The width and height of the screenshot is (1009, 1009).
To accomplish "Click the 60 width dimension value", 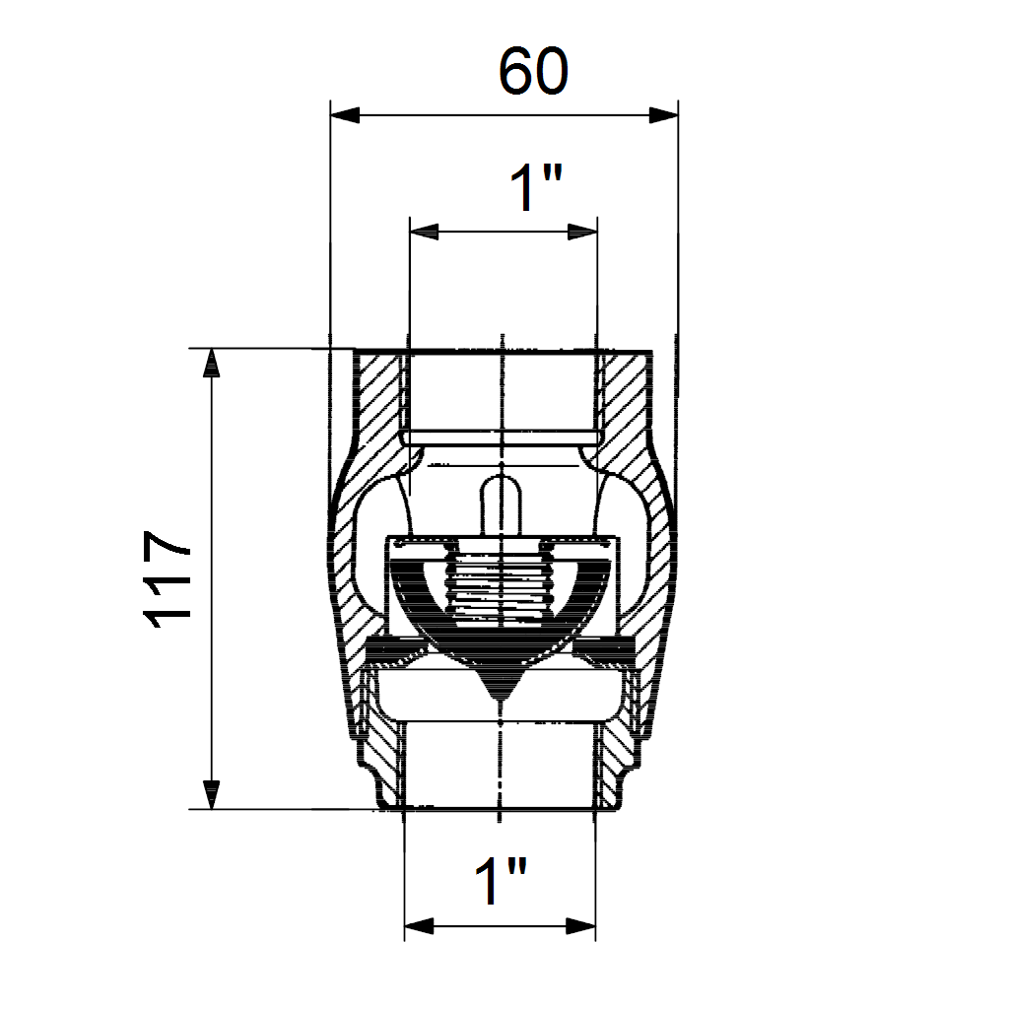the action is click(533, 71).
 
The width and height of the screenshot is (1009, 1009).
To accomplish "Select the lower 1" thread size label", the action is click(501, 880).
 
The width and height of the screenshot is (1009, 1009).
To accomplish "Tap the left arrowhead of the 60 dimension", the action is click(345, 116).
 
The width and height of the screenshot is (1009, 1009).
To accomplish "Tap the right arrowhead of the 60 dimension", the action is click(663, 116).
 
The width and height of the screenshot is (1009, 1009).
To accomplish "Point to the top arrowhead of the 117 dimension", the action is click(211, 363).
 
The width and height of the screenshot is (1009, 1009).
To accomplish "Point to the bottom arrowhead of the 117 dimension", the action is click(211, 795).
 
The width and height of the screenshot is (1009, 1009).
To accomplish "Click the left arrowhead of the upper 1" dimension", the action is click(425, 232).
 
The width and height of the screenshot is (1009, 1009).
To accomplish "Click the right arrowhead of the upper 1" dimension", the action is click(582, 232).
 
